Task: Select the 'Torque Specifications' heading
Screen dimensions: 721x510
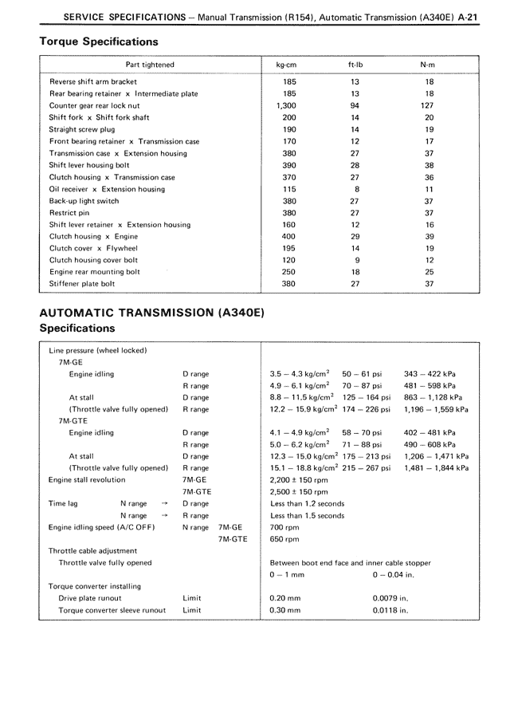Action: point(98,41)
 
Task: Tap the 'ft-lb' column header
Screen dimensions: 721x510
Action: point(355,65)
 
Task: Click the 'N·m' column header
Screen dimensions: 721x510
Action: point(429,65)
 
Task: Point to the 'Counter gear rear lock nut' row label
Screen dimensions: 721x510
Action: point(94,105)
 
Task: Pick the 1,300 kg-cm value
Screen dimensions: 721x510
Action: point(289,105)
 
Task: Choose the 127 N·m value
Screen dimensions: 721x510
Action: point(429,105)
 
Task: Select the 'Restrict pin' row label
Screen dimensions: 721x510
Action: point(69,213)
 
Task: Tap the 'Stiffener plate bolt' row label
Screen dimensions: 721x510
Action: point(82,283)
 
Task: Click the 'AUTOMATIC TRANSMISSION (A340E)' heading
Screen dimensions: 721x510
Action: point(151,313)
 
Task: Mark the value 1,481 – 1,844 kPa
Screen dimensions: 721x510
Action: point(436,468)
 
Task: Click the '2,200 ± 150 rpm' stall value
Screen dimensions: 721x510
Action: point(299,480)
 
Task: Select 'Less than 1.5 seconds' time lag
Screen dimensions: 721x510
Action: point(308,516)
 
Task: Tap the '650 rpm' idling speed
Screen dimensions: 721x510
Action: point(284,539)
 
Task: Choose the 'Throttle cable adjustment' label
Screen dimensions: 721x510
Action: point(92,551)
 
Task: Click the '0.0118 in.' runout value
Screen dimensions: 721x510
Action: point(390,610)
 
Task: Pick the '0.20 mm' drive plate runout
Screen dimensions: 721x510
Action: point(285,598)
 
